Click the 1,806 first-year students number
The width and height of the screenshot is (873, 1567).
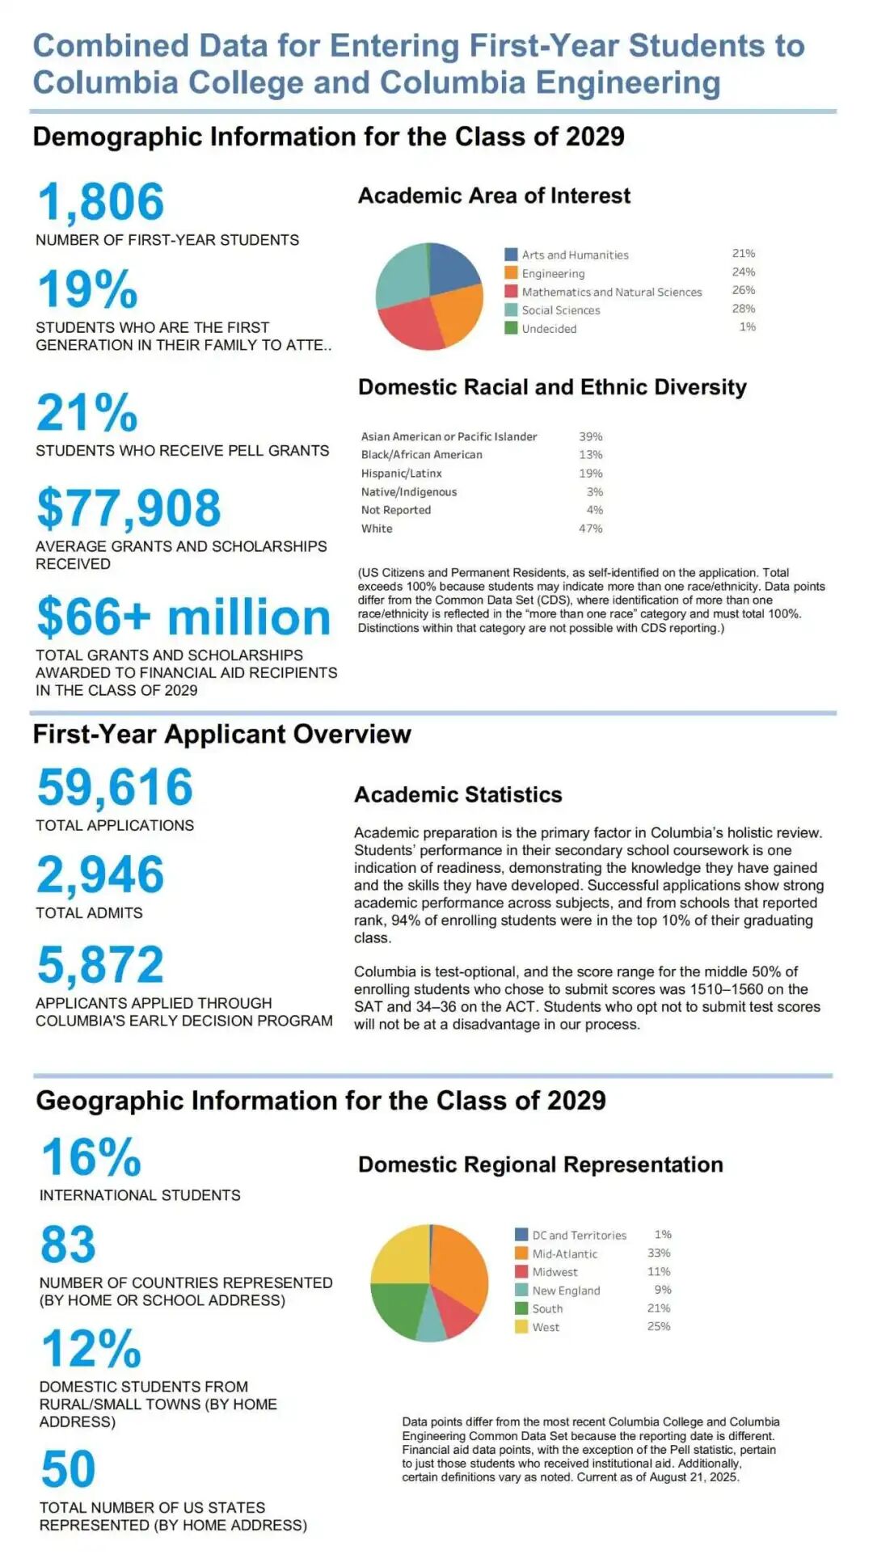pyautogui.click(x=101, y=202)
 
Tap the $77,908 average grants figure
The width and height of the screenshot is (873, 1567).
pyautogui.click(x=129, y=508)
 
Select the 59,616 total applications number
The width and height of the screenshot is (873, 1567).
pyautogui.click(x=115, y=787)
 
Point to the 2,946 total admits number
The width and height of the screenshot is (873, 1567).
pyautogui.click(x=100, y=875)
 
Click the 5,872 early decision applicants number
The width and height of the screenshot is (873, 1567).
pyautogui.click(x=100, y=964)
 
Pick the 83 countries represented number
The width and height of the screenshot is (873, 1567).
pyautogui.click(x=68, y=1245)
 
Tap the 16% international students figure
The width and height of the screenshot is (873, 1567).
pyautogui.click(x=91, y=1157)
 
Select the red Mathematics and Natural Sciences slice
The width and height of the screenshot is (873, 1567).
pyautogui.click(x=411, y=325)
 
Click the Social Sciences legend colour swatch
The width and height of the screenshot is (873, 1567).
pyautogui.click(x=511, y=310)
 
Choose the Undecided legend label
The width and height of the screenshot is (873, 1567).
pyautogui.click(x=549, y=329)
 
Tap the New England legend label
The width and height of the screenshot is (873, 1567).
pyautogui.click(x=566, y=1291)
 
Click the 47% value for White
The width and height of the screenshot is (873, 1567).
pyautogui.click(x=590, y=529)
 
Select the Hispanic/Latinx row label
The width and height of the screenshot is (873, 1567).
pyautogui.click(x=401, y=474)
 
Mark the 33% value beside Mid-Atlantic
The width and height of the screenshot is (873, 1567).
pyautogui.click(x=658, y=1253)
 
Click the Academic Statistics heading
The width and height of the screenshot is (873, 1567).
pyautogui.click(x=458, y=795)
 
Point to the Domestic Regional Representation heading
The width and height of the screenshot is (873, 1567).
pyautogui.click(x=540, y=1165)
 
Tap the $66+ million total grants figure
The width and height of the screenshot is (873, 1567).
pyautogui.click(x=183, y=617)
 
